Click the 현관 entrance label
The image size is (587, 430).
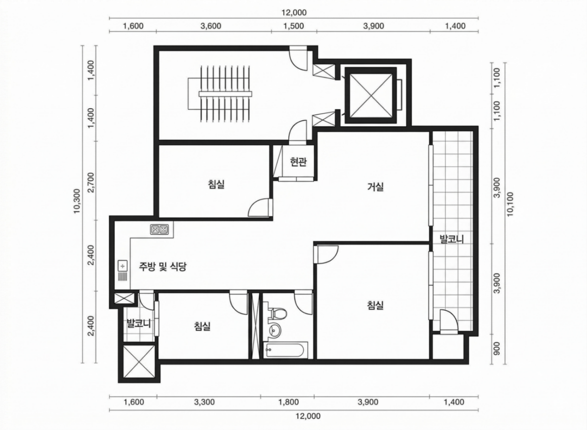click(x=298, y=162)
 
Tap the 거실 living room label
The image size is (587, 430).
click(x=376, y=187)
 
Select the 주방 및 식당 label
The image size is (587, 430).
click(x=162, y=266)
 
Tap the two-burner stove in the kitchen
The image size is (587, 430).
click(x=159, y=229)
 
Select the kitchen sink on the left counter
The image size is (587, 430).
click(x=123, y=271)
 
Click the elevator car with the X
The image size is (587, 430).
click(x=371, y=95)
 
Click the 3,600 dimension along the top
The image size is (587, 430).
click(x=211, y=26)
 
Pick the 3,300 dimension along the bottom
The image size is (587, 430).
click(x=204, y=402)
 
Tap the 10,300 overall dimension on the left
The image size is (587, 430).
click(x=77, y=201)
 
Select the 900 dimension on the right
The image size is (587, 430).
click(x=496, y=349)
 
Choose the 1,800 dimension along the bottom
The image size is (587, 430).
click(x=288, y=402)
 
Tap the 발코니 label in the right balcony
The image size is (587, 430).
click(x=451, y=239)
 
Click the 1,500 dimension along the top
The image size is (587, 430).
click(x=293, y=26)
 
